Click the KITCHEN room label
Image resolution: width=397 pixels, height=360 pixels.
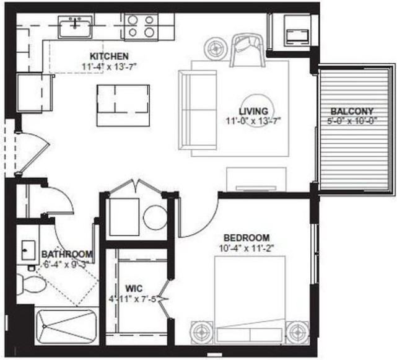pos(108,56)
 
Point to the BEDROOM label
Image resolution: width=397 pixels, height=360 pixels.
pos(246,238)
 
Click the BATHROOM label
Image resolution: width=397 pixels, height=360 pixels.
pos(67,254)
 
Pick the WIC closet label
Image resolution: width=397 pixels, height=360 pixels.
pos(134,288)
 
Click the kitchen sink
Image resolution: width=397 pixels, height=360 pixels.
pos(76,27)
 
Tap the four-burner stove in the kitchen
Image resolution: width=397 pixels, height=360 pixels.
pos(140,27)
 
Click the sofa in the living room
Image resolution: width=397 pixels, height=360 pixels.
pos(198,110)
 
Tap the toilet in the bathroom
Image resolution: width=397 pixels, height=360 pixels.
pos(31,284)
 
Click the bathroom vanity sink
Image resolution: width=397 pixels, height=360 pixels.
pos(28,250)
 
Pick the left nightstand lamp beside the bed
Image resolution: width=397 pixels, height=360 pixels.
pos(202,332)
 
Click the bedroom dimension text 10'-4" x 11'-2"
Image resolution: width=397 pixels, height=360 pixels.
pos(246,249)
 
